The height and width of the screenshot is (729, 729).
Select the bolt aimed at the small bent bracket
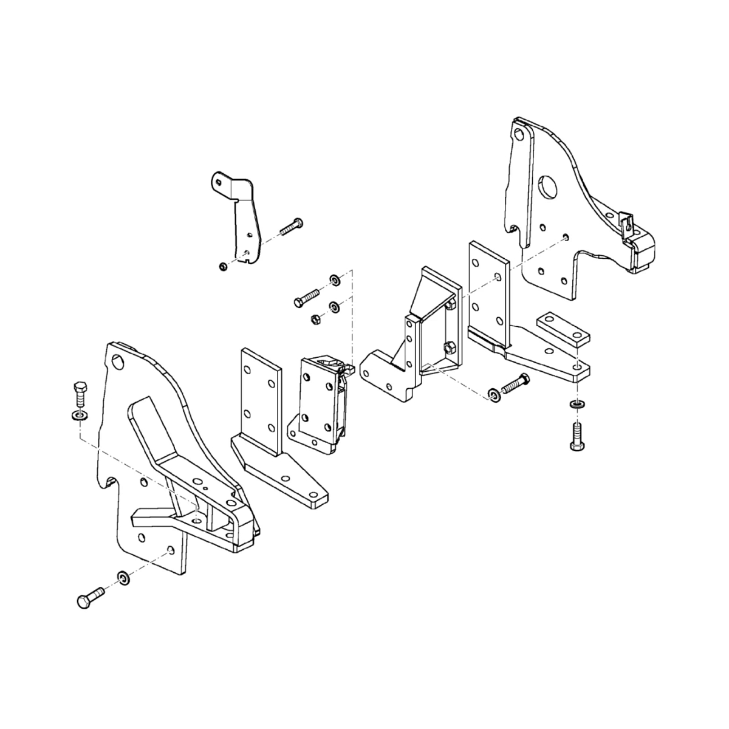tap(292, 226)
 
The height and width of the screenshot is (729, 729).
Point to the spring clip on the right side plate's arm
tap(626, 224)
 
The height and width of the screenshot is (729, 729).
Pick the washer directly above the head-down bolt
tap(575, 404)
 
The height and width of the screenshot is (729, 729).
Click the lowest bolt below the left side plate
tap(90, 597)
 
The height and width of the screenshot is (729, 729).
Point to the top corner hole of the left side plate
tap(117, 362)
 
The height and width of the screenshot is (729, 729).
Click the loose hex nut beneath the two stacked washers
tap(315, 318)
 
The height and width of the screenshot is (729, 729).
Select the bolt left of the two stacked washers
tap(307, 297)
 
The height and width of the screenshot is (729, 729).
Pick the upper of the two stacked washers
tap(334, 280)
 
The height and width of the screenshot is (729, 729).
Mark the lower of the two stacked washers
tap(334, 306)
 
